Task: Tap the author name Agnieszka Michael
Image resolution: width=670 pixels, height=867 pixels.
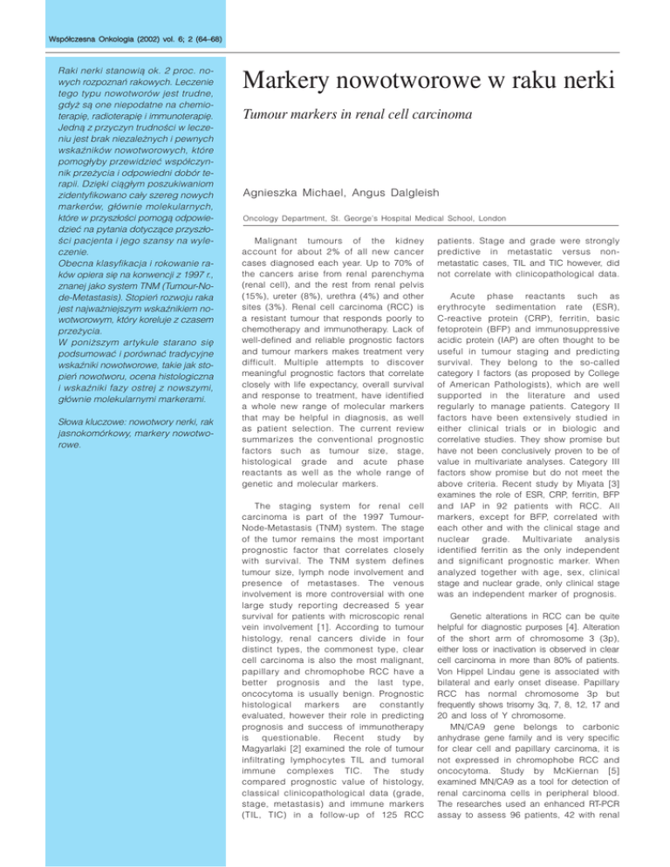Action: [291, 187]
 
